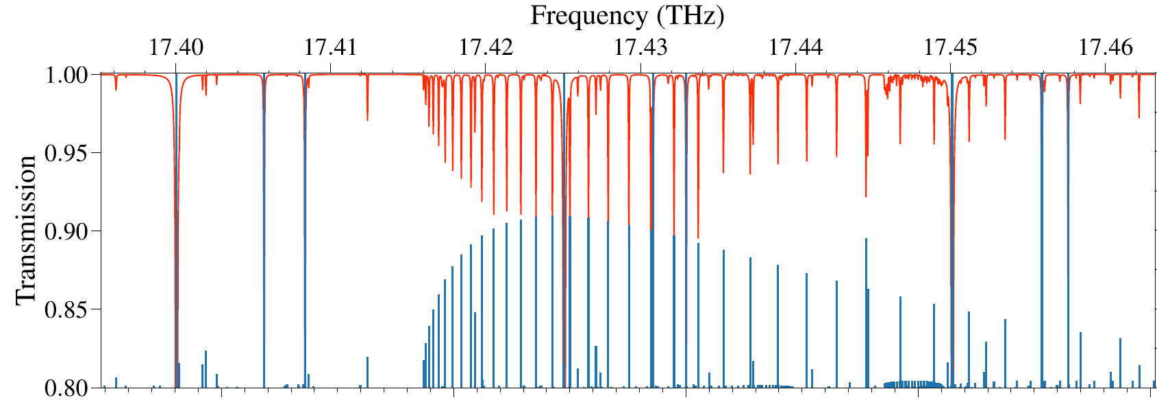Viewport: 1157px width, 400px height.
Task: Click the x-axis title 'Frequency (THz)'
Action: click(627, 15)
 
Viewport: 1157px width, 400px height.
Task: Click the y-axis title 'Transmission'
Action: click(25, 230)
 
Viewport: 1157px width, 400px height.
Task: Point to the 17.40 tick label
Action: click(176, 47)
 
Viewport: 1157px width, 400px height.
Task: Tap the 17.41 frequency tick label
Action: click(331, 47)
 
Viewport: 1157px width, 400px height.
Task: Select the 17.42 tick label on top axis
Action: click(486, 47)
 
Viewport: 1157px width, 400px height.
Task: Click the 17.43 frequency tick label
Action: click(640, 47)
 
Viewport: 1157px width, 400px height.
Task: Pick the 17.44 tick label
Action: click(795, 47)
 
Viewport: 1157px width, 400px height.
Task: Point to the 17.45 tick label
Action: click(951, 47)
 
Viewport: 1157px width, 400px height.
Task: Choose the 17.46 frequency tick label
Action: click(1106, 47)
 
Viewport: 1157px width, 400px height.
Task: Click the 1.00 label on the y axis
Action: click(66, 74)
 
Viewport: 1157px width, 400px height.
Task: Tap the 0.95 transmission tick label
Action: click(66, 152)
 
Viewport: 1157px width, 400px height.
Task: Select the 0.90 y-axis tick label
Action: click(66, 231)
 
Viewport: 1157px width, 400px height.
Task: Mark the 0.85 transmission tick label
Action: click(66, 309)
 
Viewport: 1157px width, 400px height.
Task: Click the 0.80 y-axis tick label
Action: click(66, 388)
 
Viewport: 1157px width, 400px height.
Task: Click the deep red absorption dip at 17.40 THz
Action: click(177, 343)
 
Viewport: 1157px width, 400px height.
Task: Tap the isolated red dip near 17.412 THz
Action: click(367, 118)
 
